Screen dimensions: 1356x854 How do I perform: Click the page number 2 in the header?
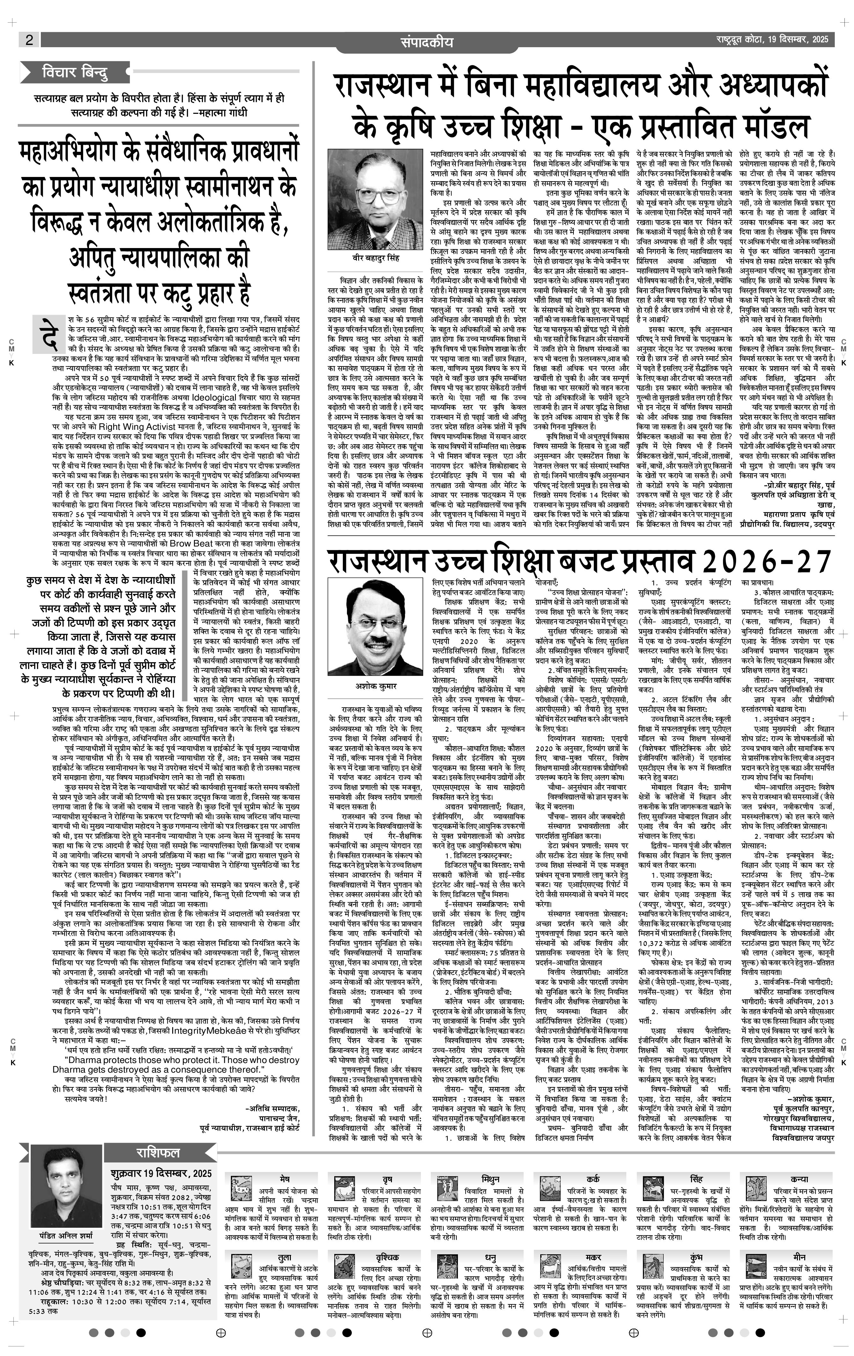tap(29, 40)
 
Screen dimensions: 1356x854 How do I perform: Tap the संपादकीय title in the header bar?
tap(426, 42)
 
